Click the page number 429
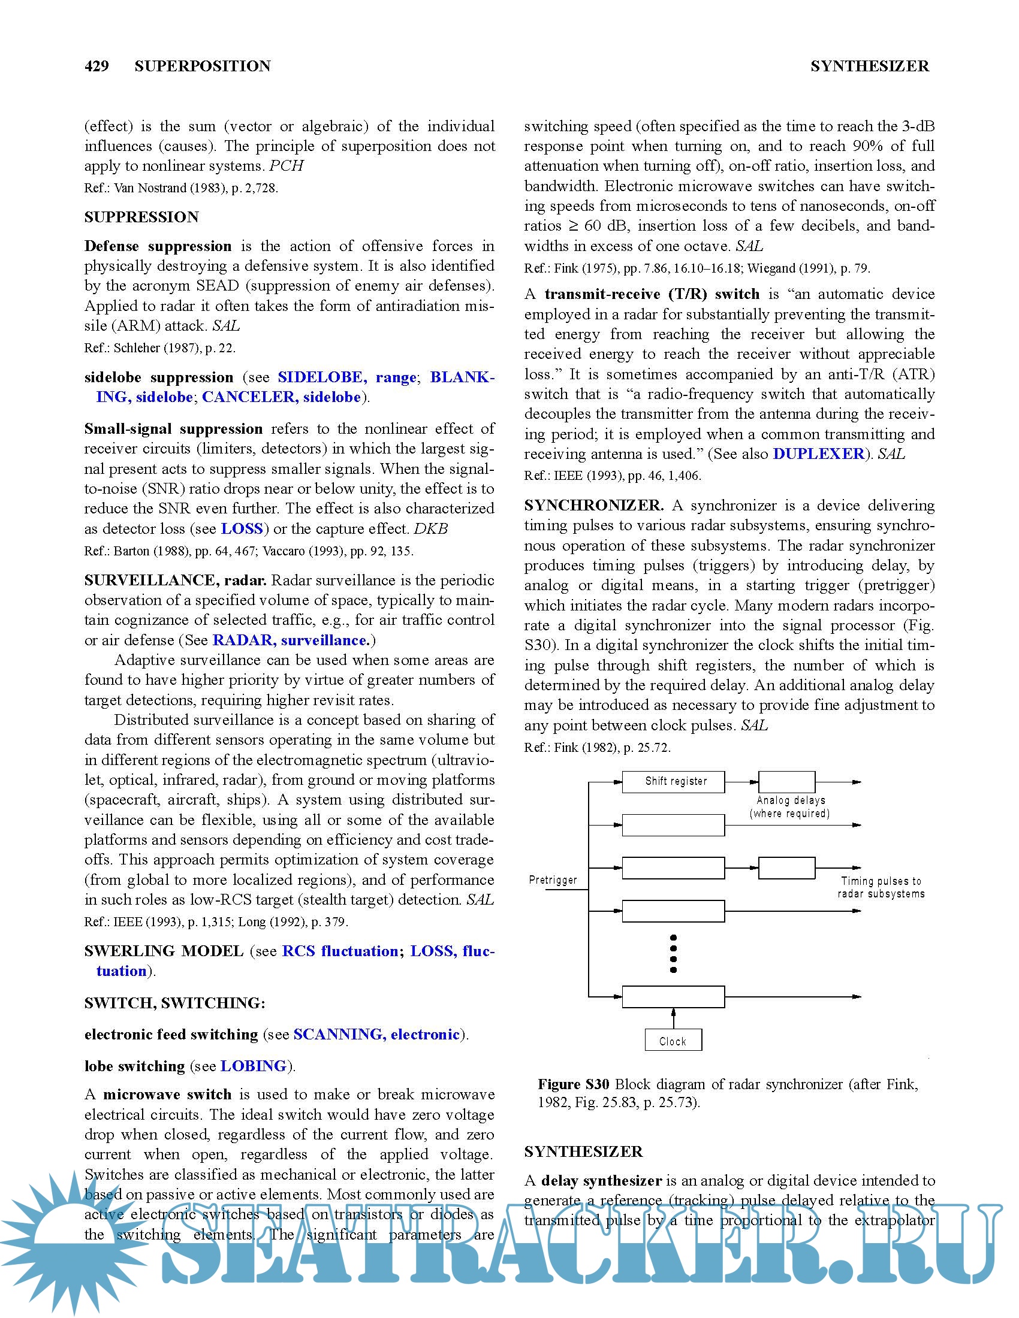click(x=97, y=66)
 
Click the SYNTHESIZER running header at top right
click(x=869, y=66)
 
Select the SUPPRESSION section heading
click(x=141, y=217)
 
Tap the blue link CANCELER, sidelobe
click(x=281, y=397)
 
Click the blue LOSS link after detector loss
click(x=242, y=528)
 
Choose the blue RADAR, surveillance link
click(x=291, y=640)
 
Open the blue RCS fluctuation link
click(x=340, y=951)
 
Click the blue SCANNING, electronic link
click(x=376, y=1035)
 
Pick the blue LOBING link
click(x=253, y=1066)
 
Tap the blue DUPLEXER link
click(x=818, y=454)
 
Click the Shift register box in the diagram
click(x=673, y=781)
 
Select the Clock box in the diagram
click(x=673, y=1041)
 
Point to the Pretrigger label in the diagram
click(x=553, y=880)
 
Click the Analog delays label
click(x=790, y=800)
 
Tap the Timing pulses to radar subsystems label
click(x=881, y=887)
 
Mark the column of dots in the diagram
click(x=673, y=954)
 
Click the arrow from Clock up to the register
click(x=673, y=1018)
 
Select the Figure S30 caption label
click(x=574, y=1084)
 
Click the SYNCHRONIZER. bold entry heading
click(x=594, y=505)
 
